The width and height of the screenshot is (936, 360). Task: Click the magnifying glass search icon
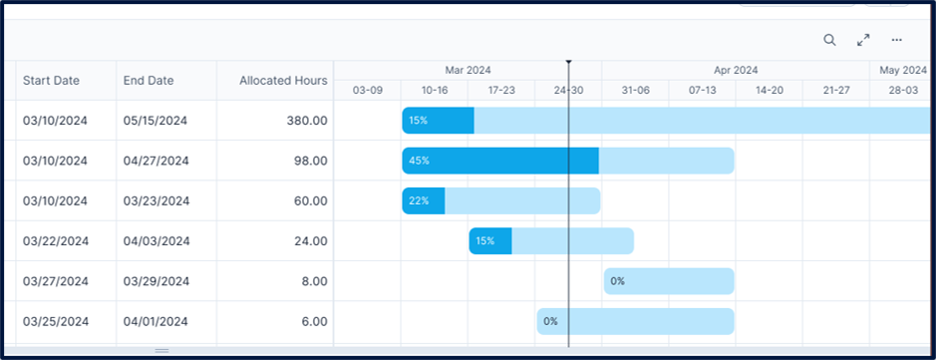pyautogui.click(x=829, y=40)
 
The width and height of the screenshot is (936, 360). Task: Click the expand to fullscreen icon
pyautogui.click(x=863, y=40)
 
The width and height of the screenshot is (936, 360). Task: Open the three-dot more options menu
pyautogui.click(x=896, y=40)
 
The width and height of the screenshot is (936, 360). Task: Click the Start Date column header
pyautogui.click(x=51, y=81)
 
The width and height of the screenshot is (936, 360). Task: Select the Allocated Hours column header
pyautogui.click(x=283, y=81)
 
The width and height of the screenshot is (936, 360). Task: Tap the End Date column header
pyautogui.click(x=149, y=81)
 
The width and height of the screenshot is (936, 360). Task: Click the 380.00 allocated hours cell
pyautogui.click(x=307, y=121)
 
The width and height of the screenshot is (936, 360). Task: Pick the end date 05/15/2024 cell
pyautogui.click(x=156, y=121)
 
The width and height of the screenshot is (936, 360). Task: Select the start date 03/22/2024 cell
pyautogui.click(x=56, y=241)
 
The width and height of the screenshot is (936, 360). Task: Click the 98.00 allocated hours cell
pyautogui.click(x=311, y=161)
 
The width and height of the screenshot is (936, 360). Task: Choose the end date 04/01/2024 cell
pyautogui.click(x=156, y=321)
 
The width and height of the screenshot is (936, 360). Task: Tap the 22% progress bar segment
pyautogui.click(x=423, y=200)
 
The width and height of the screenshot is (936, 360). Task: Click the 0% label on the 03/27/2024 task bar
pyautogui.click(x=618, y=281)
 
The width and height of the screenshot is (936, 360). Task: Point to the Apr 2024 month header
pyautogui.click(x=736, y=71)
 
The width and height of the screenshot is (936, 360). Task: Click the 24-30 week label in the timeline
pyautogui.click(x=568, y=90)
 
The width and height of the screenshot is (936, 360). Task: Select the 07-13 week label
pyautogui.click(x=702, y=90)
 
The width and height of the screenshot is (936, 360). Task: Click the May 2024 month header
pyautogui.click(x=902, y=71)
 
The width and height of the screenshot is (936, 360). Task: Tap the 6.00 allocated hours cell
pyautogui.click(x=314, y=321)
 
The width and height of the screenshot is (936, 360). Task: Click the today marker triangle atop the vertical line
pyautogui.click(x=568, y=63)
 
